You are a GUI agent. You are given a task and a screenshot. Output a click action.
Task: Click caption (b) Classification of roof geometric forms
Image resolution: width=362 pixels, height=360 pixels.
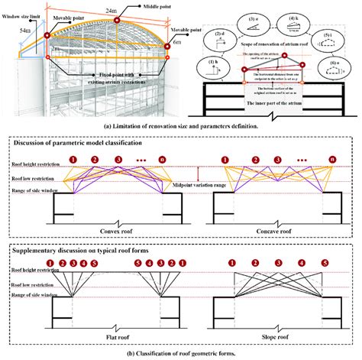[x=181, y=352]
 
